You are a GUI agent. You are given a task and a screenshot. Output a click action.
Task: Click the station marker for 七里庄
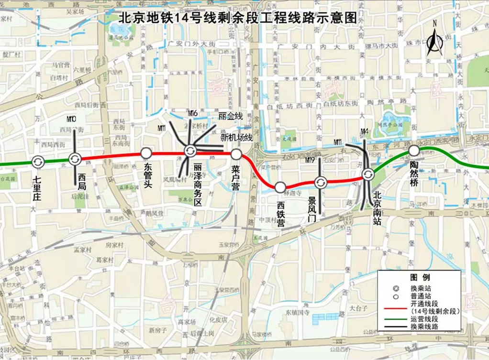(x=38, y=162)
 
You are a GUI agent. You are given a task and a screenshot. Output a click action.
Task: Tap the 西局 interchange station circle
(x=75, y=159)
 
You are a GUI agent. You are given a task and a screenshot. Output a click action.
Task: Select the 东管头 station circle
(x=146, y=153)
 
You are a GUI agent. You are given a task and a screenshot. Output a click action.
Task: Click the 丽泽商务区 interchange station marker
(x=189, y=151)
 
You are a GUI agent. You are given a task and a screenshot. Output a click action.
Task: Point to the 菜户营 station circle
(x=236, y=154)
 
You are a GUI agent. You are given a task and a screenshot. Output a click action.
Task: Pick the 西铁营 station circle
(x=280, y=187)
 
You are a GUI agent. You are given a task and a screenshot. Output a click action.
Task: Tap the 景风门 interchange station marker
(x=320, y=182)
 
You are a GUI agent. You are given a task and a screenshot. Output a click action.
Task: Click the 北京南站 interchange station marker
(x=367, y=175)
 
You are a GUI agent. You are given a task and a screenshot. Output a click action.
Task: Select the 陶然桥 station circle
(x=413, y=151)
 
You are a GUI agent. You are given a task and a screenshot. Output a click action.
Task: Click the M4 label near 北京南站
(x=364, y=131)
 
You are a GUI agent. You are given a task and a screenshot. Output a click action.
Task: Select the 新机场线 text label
(x=236, y=138)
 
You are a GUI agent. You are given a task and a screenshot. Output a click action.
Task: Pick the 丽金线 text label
(x=230, y=116)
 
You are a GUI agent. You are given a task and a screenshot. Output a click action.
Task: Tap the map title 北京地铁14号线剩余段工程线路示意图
(x=237, y=18)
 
